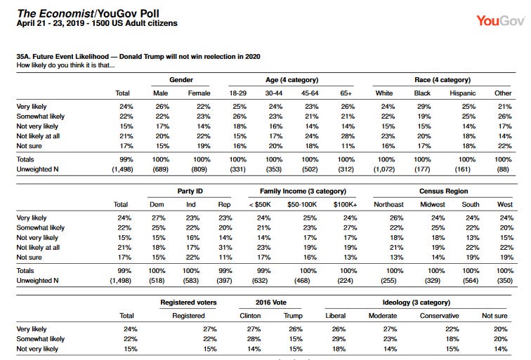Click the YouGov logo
tap(500, 21)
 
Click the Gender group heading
tap(181, 80)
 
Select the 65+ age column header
tap(346, 93)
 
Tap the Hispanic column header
tap(463, 93)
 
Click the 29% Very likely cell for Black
tap(424, 107)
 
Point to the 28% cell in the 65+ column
tap(348, 136)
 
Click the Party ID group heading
tap(190, 191)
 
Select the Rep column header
tap(224, 204)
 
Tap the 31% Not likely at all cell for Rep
tap(225, 247)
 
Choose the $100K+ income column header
tap(345, 204)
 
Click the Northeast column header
tap(388, 204)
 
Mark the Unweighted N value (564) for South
tap(471, 281)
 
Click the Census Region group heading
tap(444, 191)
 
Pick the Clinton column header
tap(250, 316)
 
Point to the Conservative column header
tap(439, 316)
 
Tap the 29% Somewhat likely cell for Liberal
tap(339, 339)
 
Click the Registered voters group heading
tap(188, 302)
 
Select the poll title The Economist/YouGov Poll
tap(88, 13)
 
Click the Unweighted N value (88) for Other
tap(503, 169)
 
